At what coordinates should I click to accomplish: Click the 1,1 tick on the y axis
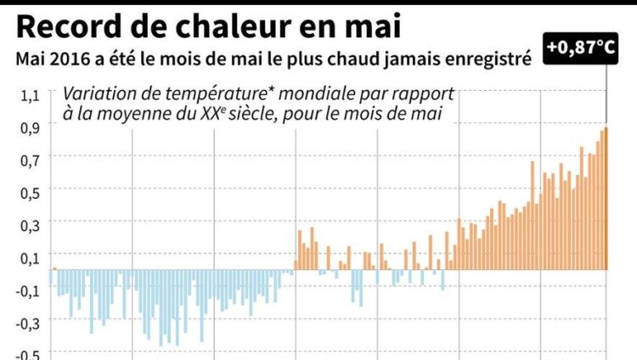point(30,95)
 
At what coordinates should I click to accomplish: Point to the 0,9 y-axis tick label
point(30,127)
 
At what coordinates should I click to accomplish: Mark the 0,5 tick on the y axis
point(30,191)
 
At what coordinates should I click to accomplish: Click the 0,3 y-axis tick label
point(30,223)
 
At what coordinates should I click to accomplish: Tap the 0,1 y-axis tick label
point(30,256)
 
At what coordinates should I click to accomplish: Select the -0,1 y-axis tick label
point(28,290)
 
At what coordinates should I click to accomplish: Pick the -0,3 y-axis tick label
point(28,323)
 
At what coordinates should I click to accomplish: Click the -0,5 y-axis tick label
point(28,354)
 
